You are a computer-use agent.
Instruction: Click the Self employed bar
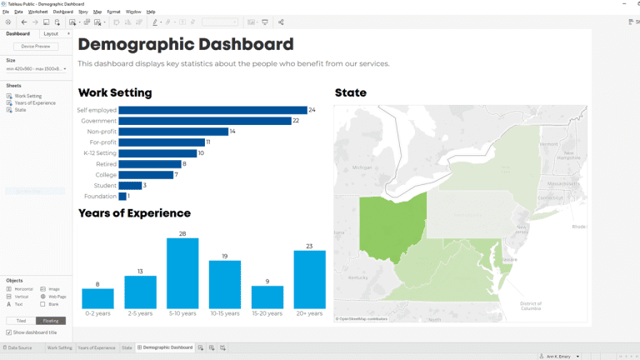pos(212,110)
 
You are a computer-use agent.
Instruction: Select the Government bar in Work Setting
pos(204,121)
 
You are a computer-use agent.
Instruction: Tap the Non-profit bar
pos(173,132)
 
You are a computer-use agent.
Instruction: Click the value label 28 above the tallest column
pos(182,234)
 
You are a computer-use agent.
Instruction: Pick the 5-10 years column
pos(182,273)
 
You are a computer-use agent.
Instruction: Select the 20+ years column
pos(309,279)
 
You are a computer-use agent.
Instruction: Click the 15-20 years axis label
pos(267,313)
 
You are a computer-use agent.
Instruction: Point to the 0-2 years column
pos(97,298)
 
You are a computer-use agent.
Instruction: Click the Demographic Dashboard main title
pos(185,44)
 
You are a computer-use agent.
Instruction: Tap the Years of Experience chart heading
pos(134,213)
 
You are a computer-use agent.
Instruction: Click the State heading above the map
pos(350,92)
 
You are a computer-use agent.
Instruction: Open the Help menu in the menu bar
pos(151,12)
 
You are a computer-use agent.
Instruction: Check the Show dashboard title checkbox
pos(9,332)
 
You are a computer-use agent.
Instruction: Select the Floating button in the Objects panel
pos(51,320)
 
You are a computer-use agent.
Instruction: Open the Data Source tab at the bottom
pos(18,347)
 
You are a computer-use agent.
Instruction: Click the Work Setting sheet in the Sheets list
pos(27,96)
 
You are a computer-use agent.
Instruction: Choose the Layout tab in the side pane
pos(51,33)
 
